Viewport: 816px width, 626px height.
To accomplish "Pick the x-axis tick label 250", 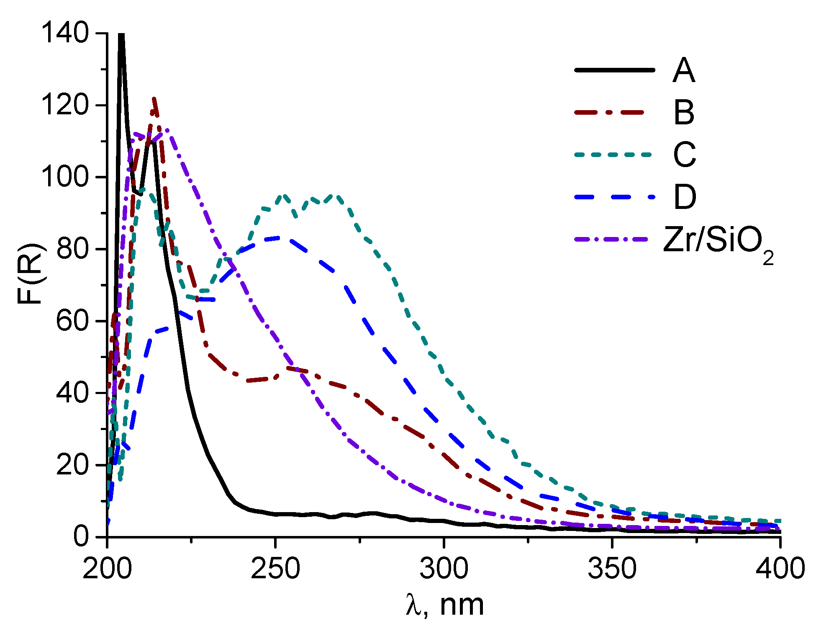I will (x=275, y=569).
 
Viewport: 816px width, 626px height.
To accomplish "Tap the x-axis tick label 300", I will (x=444, y=569).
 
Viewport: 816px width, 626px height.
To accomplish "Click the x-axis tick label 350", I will (x=612, y=569).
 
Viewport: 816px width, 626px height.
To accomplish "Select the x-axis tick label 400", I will (x=780, y=569).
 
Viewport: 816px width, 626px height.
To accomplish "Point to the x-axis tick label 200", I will (x=107, y=569).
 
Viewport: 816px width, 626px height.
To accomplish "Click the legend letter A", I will (x=684, y=71).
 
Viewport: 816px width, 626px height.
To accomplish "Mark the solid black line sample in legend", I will (x=614, y=70).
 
